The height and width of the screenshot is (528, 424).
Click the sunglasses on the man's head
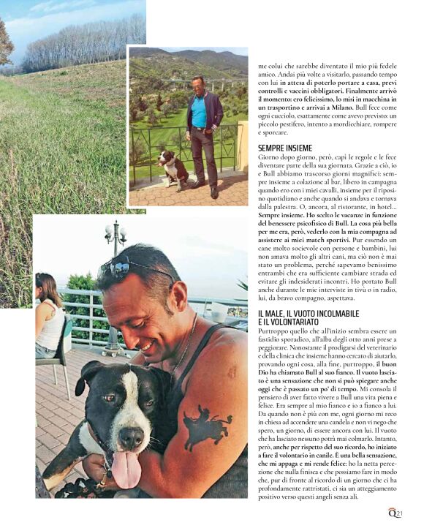coord(139,268)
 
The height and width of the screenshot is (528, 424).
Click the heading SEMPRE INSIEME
coord(285,148)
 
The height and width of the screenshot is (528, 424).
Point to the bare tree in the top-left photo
coord(6,44)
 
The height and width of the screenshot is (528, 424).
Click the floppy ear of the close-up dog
coord(86,380)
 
